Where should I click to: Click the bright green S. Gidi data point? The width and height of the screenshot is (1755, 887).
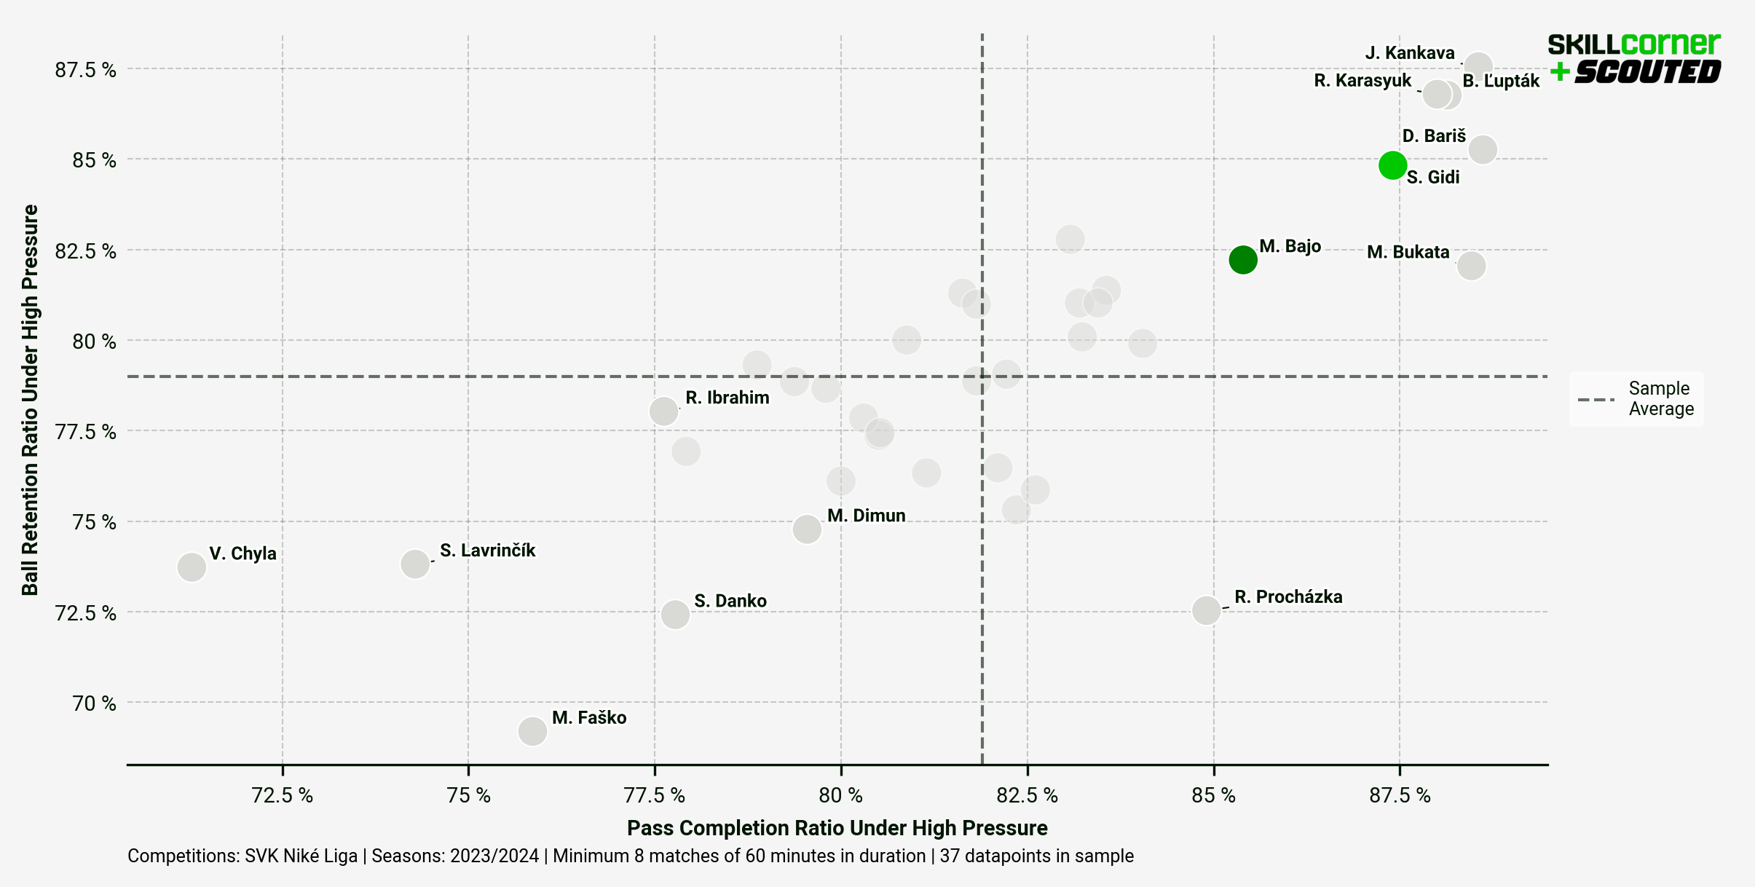(x=1392, y=165)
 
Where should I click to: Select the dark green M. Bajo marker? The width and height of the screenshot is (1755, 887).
(x=1242, y=259)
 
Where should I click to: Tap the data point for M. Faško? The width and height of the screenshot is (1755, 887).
(x=532, y=730)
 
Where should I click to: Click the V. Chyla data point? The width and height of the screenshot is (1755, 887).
(x=192, y=567)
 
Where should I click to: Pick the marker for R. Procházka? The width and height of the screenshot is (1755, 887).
(x=1206, y=610)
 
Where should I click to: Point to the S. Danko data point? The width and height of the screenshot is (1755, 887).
(x=675, y=614)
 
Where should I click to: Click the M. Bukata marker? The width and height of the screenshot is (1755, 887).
(x=1471, y=265)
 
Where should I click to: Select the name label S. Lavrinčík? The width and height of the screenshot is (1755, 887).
(x=487, y=551)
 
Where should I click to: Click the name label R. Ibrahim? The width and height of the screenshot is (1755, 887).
(x=727, y=398)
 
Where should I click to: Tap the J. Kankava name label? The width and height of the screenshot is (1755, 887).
(x=1409, y=53)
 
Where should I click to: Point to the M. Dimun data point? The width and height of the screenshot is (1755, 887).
(x=807, y=529)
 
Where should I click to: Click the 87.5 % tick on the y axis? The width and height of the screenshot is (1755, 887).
(x=85, y=70)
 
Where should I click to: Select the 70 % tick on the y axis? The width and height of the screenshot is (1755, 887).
(x=94, y=703)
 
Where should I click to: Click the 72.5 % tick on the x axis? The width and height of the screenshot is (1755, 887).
(x=282, y=795)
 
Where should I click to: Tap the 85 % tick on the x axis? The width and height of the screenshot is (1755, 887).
(x=1213, y=795)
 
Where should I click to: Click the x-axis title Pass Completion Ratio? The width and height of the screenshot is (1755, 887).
(x=837, y=828)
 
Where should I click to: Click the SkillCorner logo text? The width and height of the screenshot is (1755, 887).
(x=1633, y=45)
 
